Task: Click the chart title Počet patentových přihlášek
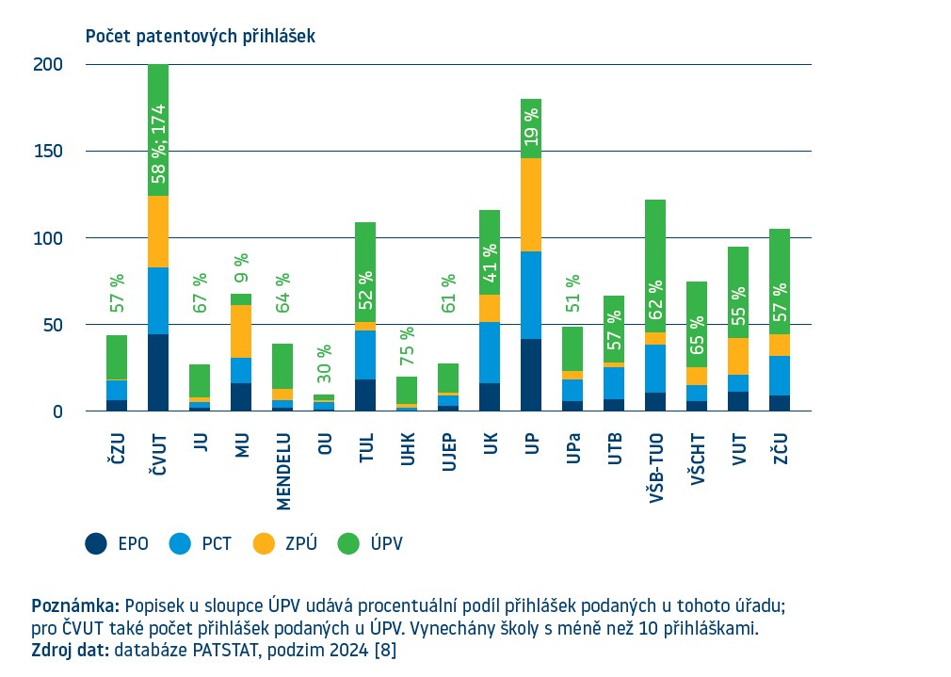[200, 37]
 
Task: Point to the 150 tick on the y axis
[49, 152]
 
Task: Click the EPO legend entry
[117, 543]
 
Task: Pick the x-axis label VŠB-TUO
[654, 470]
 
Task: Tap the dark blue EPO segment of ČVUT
[158, 373]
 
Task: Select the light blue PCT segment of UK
[490, 352]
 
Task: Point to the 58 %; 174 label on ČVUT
[159, 142]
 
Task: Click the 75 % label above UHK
[407, 347]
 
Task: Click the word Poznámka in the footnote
[75, 604]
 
